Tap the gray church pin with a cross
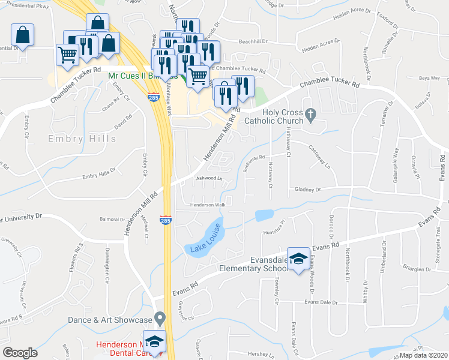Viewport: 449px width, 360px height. coord(310,113)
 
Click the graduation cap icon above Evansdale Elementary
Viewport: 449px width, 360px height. coord(298,258)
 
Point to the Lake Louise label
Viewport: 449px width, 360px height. coord(206,238)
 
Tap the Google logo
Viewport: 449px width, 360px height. coord(20,352)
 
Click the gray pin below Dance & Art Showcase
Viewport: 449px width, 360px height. coord(159,317)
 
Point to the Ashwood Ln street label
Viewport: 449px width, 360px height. coord(209,179)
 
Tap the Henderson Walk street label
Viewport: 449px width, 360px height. coord(207,205)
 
